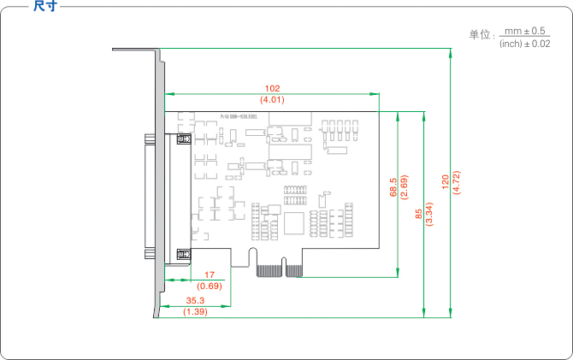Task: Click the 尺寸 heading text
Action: point(45,7)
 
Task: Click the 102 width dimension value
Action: point(273,88)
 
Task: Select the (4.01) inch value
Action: point(273,100)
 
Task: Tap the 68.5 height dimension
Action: point(393,187)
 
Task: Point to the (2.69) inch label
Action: point(404,187)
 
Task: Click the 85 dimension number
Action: point(418,214)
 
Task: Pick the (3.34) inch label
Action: point(429,214)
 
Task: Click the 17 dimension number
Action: point(210,274)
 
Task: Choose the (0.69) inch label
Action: point(210,286)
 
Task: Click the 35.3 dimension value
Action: point(195,300)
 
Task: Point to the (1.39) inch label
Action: point(195,312)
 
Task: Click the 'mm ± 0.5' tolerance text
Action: point(525,31)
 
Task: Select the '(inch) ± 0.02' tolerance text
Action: point(524,44)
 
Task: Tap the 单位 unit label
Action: point(481,36)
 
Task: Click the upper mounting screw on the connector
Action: point(181,139)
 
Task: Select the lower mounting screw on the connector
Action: point(181,253)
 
